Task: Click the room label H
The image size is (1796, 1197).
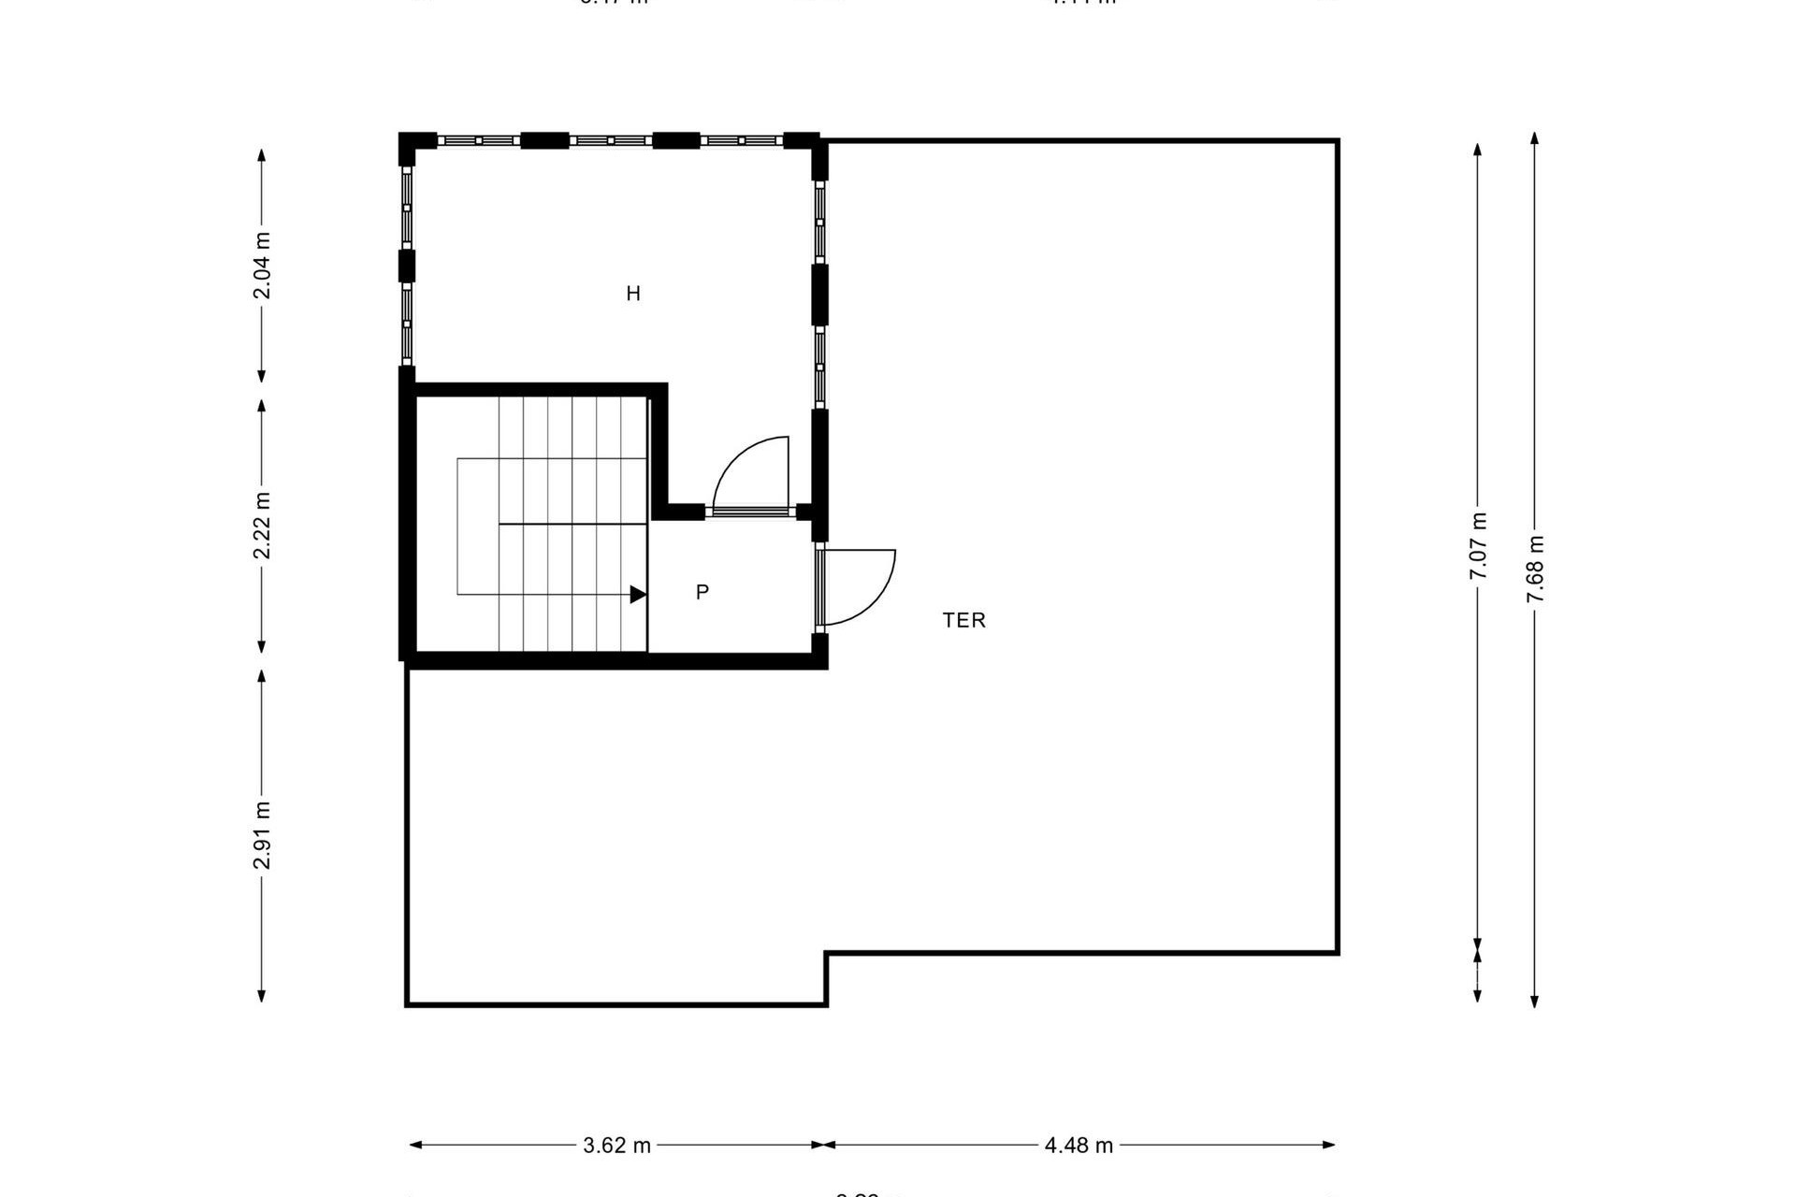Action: tap(633, 294)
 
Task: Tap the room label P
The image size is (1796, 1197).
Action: tap(702, 592)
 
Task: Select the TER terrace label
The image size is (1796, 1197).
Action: tap(963, 620)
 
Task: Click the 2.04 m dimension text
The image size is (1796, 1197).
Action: tap(263, 266)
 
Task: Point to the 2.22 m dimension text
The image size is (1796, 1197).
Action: tap(263, 526)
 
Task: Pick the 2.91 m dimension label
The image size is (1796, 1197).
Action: tap(263, 835)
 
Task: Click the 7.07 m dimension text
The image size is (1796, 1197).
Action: tap(1478, 546)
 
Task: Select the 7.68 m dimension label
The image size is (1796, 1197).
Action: tap(1535, 570)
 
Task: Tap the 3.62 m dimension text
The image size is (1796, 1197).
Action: tap(616, 1146)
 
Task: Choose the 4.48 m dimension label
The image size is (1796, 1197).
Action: tap(1079, 1146)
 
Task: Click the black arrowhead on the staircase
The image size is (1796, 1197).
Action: tap(638, 594)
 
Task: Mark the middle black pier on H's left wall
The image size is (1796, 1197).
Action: tap(407, 266)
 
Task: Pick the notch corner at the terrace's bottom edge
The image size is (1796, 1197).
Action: tap(826, 954)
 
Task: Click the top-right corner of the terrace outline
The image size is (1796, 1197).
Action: tap(1338, 141)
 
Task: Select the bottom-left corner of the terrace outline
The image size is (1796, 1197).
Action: tap(407, 1004)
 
